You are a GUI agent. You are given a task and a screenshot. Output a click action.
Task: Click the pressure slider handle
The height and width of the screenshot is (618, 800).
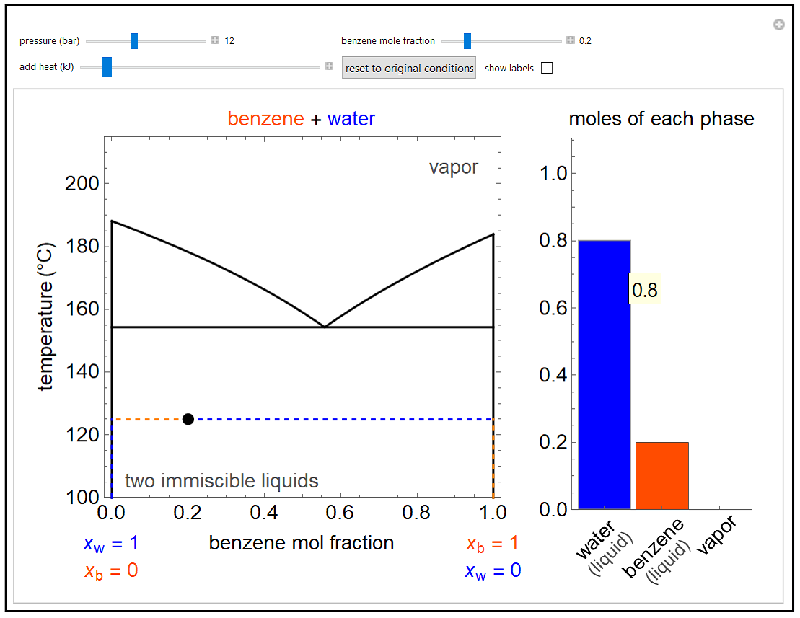(x=134, y=41)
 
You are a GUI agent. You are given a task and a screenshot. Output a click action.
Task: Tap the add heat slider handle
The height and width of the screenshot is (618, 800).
(x=107, y=67)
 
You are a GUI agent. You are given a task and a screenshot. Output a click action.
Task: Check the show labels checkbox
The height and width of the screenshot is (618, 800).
(x=547, y=68)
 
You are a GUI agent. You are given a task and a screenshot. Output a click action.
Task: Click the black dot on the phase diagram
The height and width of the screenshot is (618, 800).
(x=188, y=419)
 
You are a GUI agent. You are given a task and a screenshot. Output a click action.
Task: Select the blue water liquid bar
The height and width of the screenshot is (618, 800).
(x=605, y=374)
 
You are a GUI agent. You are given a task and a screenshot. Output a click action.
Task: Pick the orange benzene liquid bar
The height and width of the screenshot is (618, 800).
(x=661, y=475)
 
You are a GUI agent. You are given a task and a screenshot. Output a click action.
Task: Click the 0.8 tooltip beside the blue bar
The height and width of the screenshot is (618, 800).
(x=644, y=290)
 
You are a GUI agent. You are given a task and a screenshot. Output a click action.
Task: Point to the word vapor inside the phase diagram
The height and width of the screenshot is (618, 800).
(x=453, y=167)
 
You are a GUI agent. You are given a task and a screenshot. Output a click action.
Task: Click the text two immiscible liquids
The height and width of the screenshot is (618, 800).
(x=221, y=481)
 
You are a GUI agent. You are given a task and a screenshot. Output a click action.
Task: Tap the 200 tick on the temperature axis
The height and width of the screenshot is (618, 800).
(x=82, y=183)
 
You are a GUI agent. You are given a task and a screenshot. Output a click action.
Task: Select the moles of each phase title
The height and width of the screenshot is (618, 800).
(x=661, y=119)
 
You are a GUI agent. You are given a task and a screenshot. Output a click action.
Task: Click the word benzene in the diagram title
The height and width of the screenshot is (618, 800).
(x=265, y=119)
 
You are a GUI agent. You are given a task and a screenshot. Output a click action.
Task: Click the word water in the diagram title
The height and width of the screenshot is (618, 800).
(x=351, y=119)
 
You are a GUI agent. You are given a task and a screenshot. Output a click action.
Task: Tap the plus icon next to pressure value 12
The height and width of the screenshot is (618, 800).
(x=215, y=40)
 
